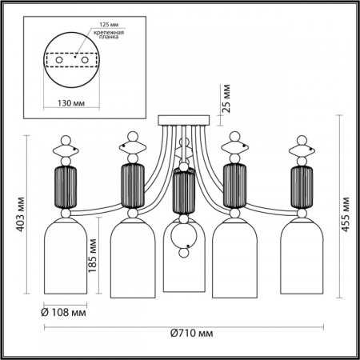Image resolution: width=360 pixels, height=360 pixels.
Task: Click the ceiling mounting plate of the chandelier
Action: coord(186,122)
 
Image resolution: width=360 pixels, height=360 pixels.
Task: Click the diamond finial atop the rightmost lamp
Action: coord(302,149)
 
